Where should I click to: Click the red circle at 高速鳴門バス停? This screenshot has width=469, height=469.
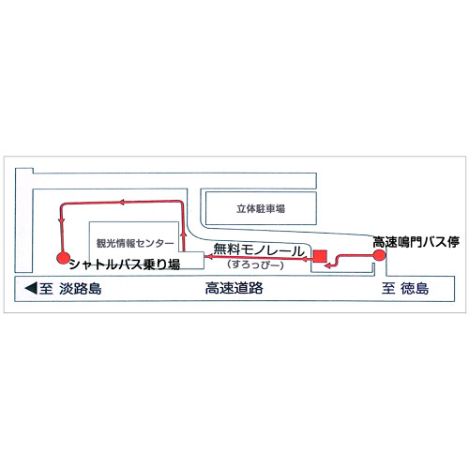click(x=379, y=255)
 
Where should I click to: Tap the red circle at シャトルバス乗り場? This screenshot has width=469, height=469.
click(x=64, y=257)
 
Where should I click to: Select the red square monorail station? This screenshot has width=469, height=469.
click(x=320, y=256)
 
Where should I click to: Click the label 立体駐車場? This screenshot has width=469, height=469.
click(x=261, y=208)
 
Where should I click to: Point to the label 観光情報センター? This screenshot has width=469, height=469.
click(x=135, y=243)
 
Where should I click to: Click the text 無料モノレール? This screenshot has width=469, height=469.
click(x=259, y=250)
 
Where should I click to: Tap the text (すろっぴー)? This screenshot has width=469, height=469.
click(x=256, y=265)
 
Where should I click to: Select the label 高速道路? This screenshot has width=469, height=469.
click(x=234, y=288)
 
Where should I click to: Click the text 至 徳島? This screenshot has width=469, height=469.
click(x=405, y=288)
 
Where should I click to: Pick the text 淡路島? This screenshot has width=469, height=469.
click(x=81, y=288)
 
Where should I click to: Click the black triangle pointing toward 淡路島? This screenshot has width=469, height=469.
click(x=31, y=288)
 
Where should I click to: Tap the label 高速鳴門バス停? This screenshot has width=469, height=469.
click(x=416, y=242)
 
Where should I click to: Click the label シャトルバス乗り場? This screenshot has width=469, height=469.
click(x=125, y=265)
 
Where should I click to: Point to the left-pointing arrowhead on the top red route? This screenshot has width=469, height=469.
click(x=122, y=203)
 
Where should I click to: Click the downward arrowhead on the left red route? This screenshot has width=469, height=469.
click(x=62, y=221)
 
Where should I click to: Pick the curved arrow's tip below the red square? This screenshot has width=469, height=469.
click(x=327, y=265)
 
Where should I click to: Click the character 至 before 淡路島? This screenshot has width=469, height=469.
click(x=46, y=288)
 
